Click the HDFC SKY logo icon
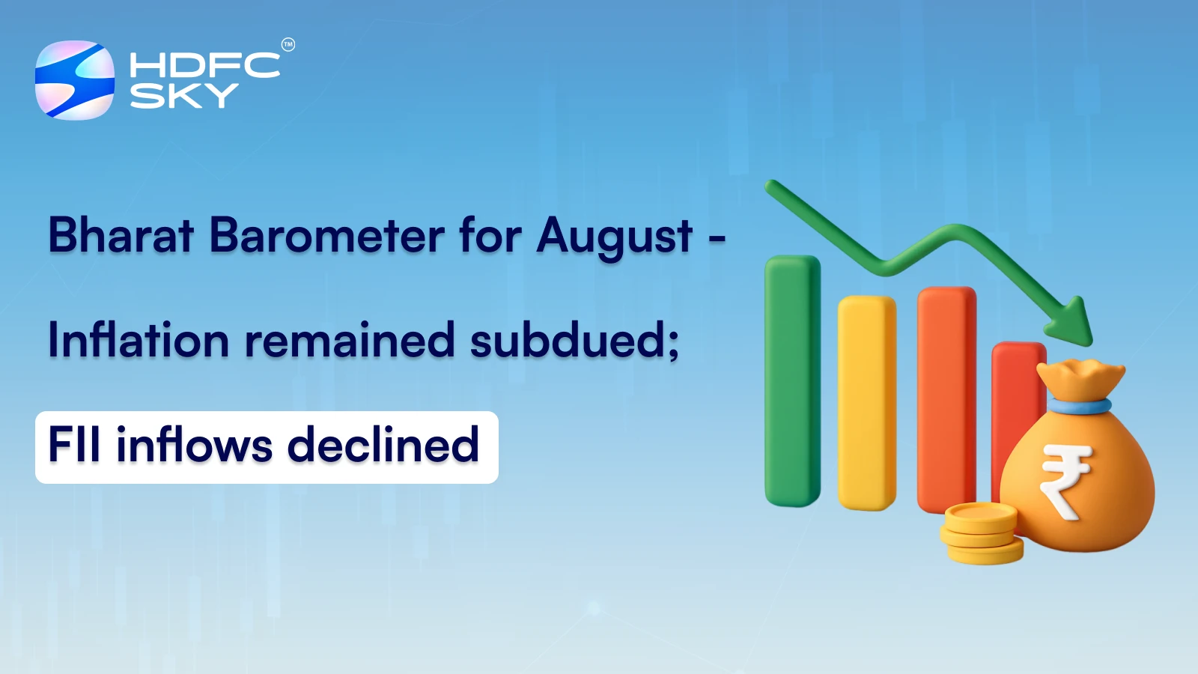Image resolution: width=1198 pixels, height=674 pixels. click(x=75, y=80)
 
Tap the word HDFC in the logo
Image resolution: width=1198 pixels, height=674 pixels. click(x=204, y=65)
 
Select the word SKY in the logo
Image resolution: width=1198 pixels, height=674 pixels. click(x=183, y=96)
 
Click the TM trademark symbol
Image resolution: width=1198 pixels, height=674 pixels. click(x=288, y=45)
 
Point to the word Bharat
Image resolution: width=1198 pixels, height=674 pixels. click(x=121, y=235)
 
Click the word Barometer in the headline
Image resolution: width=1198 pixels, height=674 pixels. click(x=326, y=235)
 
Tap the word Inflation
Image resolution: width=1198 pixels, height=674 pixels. click(x=139, y=340)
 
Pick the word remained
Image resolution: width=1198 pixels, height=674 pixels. click(x=350, y=340)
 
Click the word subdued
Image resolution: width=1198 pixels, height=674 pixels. click(x=574, y=340)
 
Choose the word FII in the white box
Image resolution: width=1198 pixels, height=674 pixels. click(x=74, y=445)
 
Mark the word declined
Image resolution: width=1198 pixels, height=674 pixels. click(x=383, y=445)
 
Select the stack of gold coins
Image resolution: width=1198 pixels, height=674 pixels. click(x=981, y=533)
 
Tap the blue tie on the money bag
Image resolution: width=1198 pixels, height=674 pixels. click(x=1079, y=407)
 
